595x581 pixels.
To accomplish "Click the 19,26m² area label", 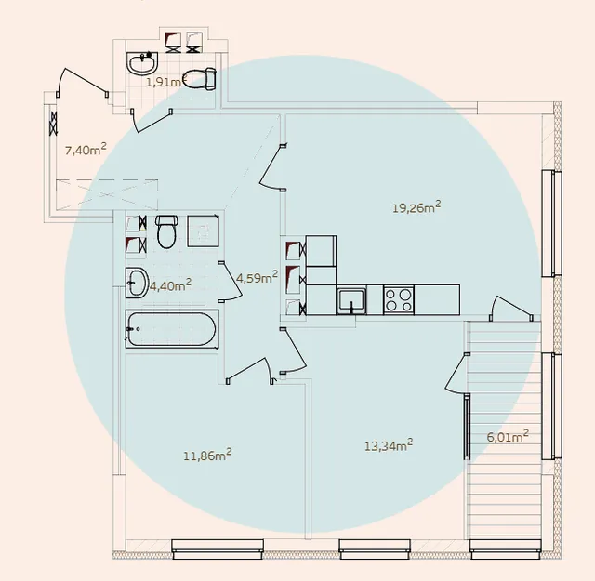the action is (416, 207).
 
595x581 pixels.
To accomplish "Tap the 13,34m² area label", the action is (389, 445).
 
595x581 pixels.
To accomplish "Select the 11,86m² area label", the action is (207, 455).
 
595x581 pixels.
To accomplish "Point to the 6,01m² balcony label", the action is (508, 436).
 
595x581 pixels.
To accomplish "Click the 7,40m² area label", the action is (86, 150).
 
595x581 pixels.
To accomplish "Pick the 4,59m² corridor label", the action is (257, 277).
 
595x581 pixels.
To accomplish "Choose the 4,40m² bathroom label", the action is (170, 285).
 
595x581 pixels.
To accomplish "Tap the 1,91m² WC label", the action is (165, 81).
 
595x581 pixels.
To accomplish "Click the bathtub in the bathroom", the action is (172, 329).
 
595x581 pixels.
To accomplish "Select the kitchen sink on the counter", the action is (351, 301).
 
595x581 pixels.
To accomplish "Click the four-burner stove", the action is (399, 300).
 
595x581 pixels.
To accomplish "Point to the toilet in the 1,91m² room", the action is (200, 79).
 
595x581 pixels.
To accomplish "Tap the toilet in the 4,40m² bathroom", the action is (166, 231).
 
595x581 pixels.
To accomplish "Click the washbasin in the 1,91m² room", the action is (141, 63).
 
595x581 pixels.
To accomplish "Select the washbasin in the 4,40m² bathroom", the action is (137, 283).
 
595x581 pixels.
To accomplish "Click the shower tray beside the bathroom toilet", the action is (203, 231).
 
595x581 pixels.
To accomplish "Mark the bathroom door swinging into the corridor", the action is (230, 281).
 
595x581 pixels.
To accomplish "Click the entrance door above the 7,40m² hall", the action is (83, 82).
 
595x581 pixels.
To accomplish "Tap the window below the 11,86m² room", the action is (218, 549).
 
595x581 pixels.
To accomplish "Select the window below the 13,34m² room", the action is (375, 549).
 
